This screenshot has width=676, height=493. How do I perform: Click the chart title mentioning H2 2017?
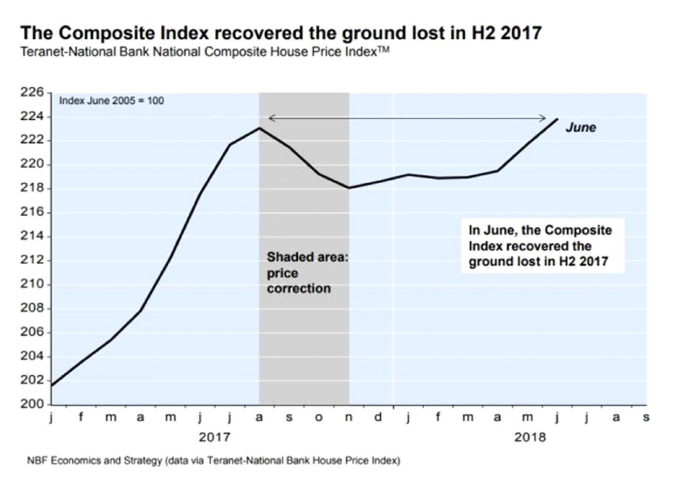pos(281,33)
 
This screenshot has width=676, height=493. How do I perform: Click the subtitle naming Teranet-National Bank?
pos(204,52)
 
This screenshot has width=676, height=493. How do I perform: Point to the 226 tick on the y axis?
pos(32,92)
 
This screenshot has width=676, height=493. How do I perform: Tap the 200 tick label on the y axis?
pos(32,404)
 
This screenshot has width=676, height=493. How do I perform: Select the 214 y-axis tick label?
pos(32,236)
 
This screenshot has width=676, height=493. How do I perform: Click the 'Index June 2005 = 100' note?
pos(111,101)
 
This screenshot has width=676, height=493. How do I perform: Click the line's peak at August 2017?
pos(259,128)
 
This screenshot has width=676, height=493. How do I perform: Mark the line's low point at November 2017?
pos(349,188)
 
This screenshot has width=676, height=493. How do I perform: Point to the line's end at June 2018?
pos(557,119)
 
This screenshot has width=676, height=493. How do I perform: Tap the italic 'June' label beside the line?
pos(580,128)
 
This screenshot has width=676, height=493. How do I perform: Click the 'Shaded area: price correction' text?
pos(307,273)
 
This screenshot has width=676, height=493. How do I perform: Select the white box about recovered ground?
pos(542,246)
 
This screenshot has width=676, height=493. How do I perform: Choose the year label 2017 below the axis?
pos(214,437)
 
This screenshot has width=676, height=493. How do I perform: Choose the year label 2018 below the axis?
pos(530,437)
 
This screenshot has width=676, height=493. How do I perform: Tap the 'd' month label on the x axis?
pos(378,417)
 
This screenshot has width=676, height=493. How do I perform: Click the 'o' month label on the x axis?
pos(319,418)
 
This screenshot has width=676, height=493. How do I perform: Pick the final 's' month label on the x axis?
pos(646,418)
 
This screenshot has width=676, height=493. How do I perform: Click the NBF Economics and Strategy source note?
pos(213,461)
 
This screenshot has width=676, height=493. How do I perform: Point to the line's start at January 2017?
pos(52,386)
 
